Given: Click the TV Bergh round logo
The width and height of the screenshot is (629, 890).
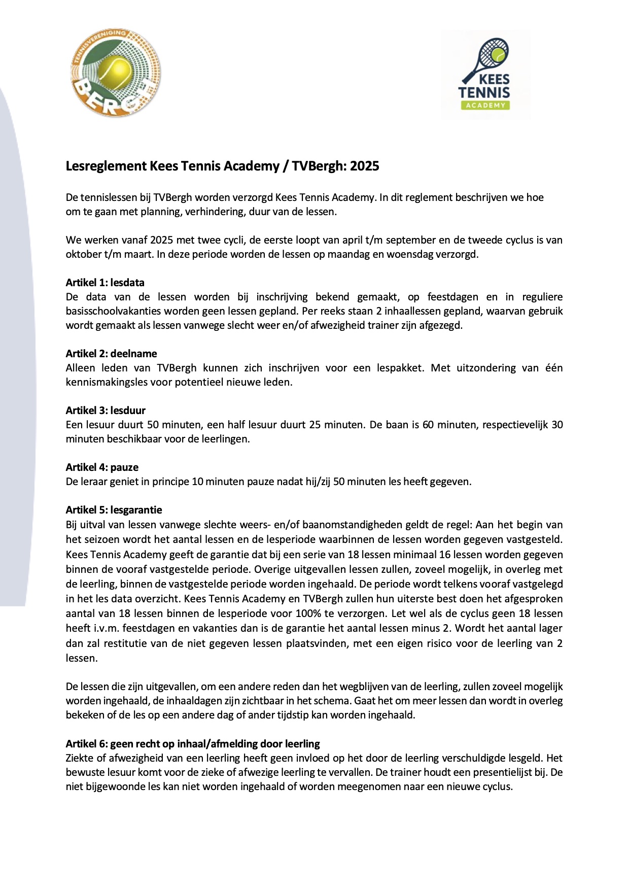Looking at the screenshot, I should coord(115,72).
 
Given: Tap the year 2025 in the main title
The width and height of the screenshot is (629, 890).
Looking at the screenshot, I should coord(364,166).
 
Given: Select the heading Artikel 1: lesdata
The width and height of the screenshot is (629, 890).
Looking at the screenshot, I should coord(105,283).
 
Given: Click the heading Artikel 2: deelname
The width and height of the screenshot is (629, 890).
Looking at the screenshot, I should coord(111,354).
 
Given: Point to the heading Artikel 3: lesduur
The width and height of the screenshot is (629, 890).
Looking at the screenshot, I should coord(106,410).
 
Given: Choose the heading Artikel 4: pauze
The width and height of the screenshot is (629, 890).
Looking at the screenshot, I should coord(102,467).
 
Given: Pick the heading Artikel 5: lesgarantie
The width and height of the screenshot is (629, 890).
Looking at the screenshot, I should coord(114,510).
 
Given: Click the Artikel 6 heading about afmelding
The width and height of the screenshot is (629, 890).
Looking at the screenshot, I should coord(193,744).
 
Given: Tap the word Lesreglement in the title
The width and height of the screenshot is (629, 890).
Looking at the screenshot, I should coord(106,166).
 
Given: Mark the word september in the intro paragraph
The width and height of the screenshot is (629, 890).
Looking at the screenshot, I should coord(409,240).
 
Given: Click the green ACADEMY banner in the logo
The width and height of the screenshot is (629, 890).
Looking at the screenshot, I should coord(485,105).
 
